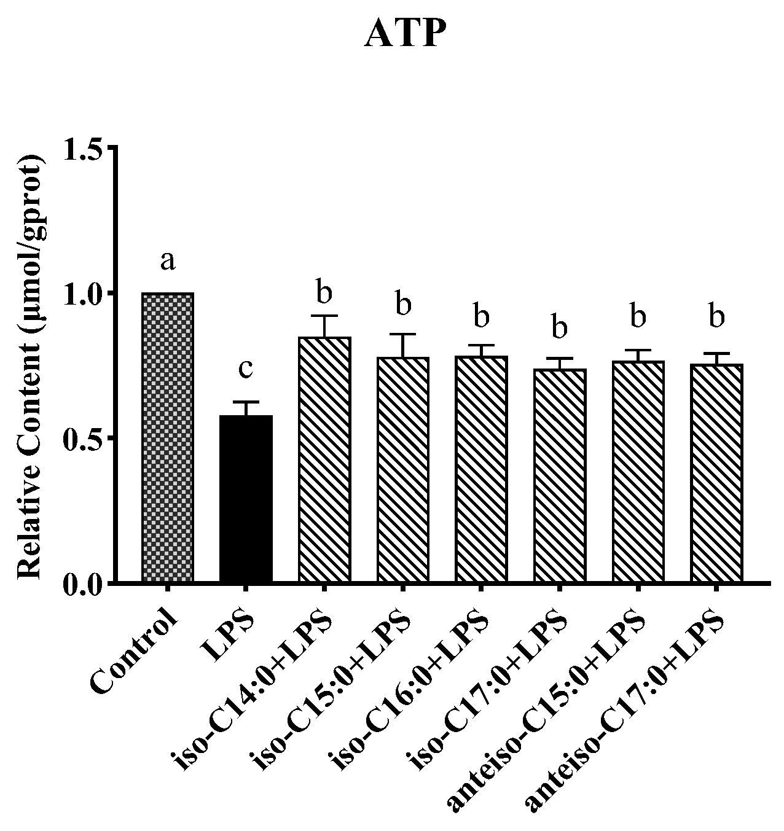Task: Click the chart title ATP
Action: coord(402,35)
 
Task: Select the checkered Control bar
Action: coord(168,437)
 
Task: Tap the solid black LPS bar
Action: coord(246,498)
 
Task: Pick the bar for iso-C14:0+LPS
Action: coord(324,459)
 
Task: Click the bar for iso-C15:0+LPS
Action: coord(402,469)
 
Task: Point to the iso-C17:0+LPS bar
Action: coord(559,475)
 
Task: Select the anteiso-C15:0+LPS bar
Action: coord(638,472)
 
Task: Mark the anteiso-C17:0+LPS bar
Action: coord(716,473)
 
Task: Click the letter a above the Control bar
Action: coord(168,262)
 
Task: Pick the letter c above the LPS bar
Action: coord(246,369)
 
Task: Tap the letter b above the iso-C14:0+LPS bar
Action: coord(324,292)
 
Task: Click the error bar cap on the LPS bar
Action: coord(246,402)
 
